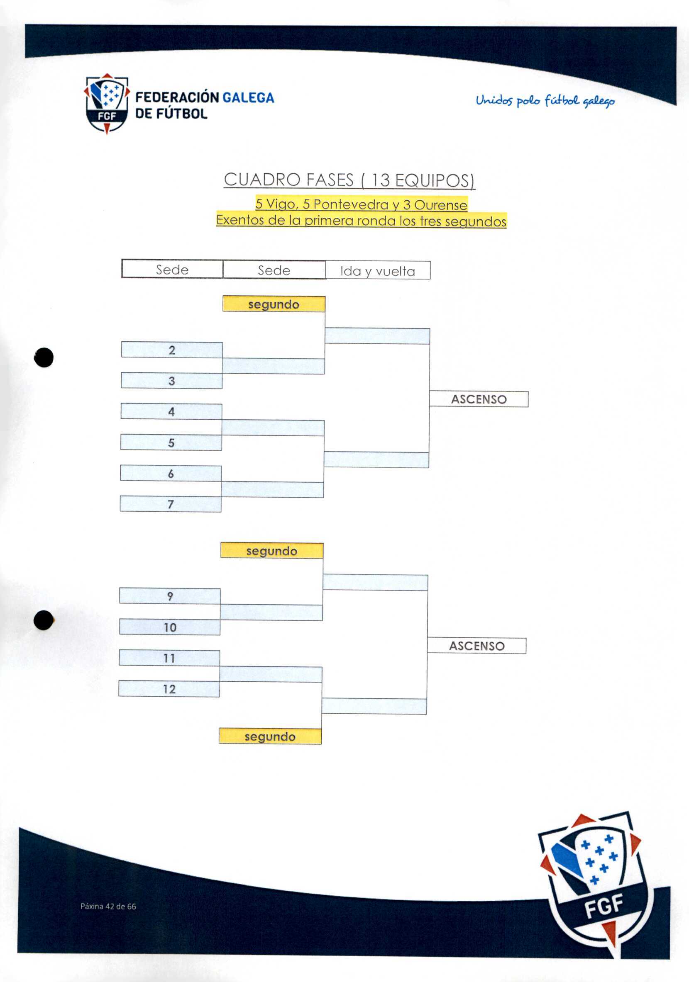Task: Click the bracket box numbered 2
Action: [x=172, y=350]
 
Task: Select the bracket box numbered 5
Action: [x=171, y=442]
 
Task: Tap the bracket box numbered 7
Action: [x=171, y=504]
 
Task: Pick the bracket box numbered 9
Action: [x=170, y=596]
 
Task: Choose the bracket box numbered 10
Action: [x=170, y=627]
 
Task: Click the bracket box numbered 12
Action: [x=169, y=688]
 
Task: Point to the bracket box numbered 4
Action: [x=171, y=411]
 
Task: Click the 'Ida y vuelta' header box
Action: [x=378, y=270]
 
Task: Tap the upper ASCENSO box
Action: [x=479, y=399]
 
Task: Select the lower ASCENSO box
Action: [x=477, y=646]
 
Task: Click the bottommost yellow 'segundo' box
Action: [x=270, y=736]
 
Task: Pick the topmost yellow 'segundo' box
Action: [x=274, y=304]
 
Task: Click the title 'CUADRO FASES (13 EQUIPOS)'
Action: [x=349, y=180]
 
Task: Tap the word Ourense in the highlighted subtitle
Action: [x=441, y=205]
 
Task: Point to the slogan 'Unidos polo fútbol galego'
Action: [x=545, y=101]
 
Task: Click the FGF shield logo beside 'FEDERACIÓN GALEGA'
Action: [x=107, y=104]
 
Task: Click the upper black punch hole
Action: [x=44, y=357]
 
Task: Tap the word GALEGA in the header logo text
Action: [x=249, y=97]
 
